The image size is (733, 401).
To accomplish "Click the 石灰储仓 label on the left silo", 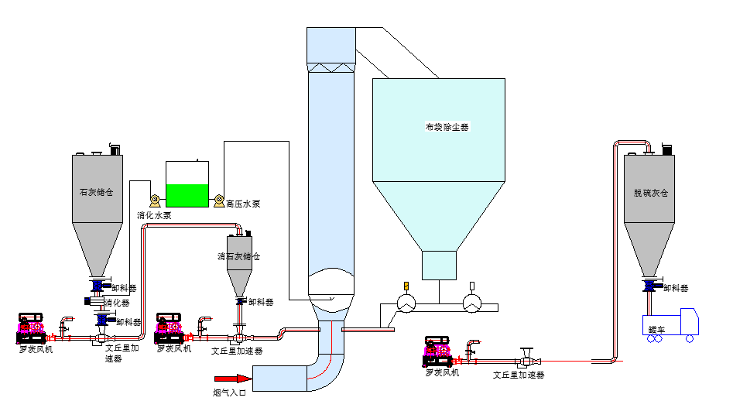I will point(97,191).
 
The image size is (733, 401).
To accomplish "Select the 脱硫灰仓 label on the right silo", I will point(649,191).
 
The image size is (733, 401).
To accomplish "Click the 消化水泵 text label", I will point(154,215).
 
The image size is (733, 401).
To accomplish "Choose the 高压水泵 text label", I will point(243,204).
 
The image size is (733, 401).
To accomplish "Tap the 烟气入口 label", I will point(229,392).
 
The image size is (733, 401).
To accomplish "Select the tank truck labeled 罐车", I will point(670,324).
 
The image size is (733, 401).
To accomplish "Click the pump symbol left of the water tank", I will point(154,199).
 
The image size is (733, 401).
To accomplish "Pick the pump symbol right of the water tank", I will point(219,200).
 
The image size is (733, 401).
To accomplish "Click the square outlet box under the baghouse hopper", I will point(439,265).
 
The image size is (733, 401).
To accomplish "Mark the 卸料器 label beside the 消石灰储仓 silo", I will point(261,302).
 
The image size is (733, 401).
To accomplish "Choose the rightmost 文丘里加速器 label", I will point(519,375).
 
